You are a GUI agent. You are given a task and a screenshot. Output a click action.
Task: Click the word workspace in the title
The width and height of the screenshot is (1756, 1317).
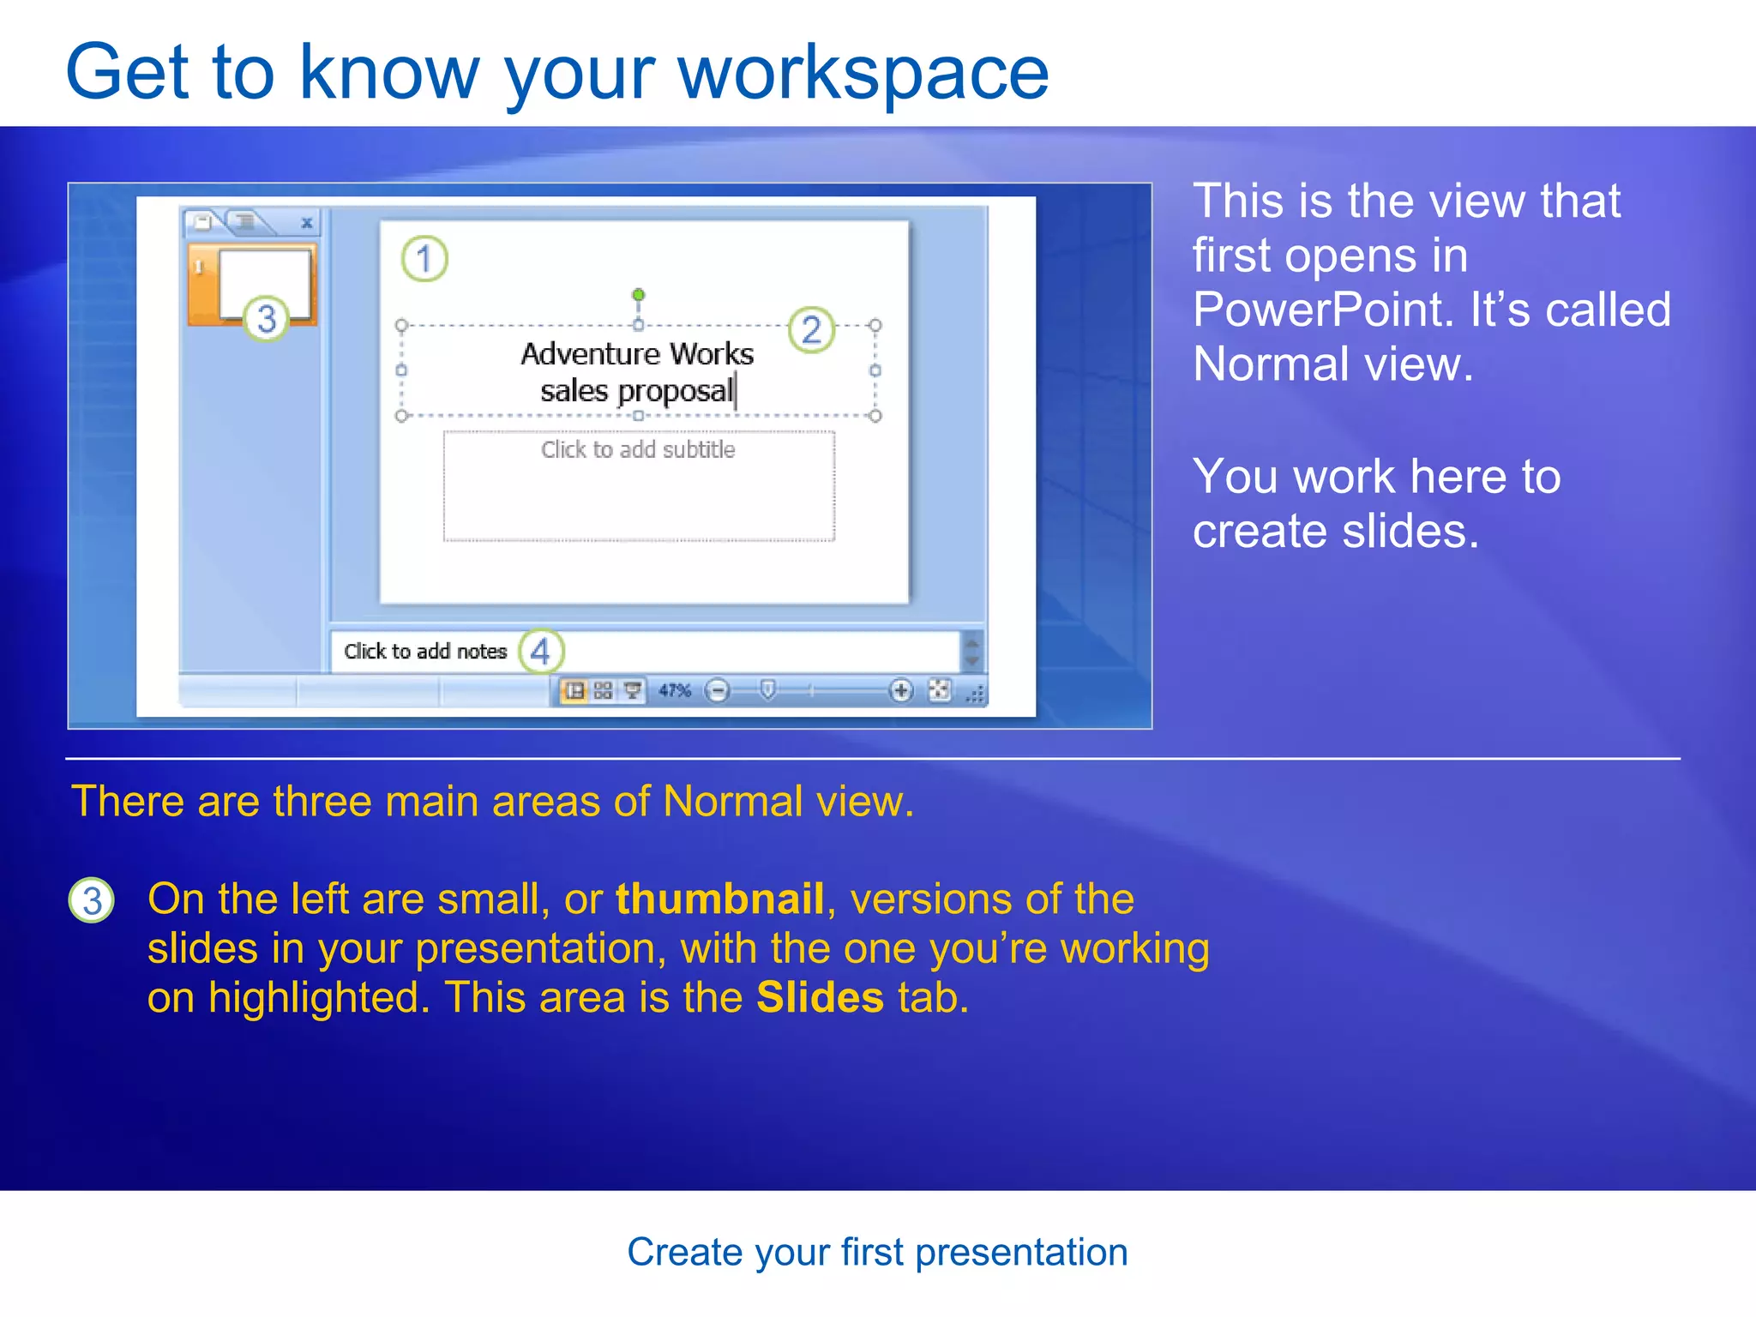tap(863, 74)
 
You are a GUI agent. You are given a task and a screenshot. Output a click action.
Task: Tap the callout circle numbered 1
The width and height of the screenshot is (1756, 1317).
tap(424, 258)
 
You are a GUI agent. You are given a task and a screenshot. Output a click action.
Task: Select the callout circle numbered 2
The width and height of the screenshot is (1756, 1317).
tap(811, 330)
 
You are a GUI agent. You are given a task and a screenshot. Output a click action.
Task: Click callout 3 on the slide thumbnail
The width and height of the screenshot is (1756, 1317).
tap(267, 319)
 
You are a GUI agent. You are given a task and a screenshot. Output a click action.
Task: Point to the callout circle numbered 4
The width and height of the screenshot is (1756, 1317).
tap(541, 652)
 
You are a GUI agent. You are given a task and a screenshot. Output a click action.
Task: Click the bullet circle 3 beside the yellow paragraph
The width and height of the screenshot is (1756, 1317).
tap(92, 900)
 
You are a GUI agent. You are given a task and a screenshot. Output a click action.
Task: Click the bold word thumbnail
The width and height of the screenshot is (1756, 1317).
tap(719, 899)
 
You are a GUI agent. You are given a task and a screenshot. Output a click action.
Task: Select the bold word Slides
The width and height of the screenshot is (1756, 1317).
tap(819, 997)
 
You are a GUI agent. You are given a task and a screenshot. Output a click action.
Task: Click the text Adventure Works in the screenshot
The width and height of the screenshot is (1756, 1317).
tap(637, 353)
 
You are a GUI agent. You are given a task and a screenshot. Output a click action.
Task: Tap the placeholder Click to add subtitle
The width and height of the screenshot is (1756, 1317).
tap(638, 449)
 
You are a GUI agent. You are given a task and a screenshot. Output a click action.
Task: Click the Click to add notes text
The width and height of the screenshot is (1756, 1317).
tap(425, 652)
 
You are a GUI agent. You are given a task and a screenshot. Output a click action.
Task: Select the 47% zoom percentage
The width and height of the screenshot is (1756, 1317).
tap(674, 690)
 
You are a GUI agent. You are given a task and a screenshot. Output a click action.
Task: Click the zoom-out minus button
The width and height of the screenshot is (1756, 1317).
tap(717, 690)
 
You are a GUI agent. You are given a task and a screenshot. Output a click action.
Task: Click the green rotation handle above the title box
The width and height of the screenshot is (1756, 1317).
tap(638, 295)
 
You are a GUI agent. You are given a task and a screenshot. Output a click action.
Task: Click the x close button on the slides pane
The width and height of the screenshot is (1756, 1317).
tap(306, 223)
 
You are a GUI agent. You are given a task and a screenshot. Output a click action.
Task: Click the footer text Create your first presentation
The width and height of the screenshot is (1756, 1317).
tap(877, 1252)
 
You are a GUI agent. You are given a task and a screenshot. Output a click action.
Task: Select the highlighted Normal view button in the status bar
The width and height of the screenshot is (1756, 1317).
tap(574, 690)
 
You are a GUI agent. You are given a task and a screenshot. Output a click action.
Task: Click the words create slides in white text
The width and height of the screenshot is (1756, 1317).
tap(1335, 531)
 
